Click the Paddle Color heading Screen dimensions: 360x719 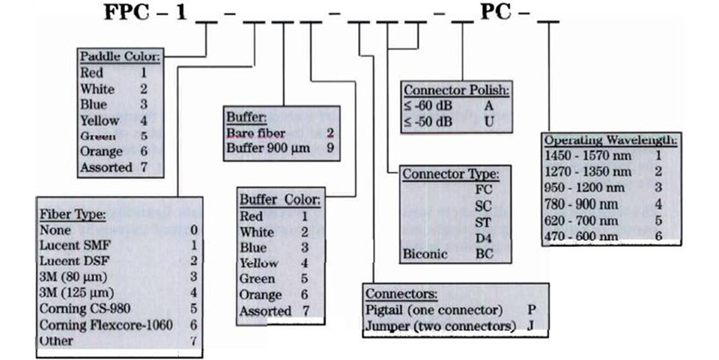120,57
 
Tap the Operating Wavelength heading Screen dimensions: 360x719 611,141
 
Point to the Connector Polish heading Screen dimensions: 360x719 457,91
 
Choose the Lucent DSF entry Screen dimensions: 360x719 68,261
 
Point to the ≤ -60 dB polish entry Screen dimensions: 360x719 429,106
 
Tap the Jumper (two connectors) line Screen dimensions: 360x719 440,326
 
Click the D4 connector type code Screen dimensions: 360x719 485,237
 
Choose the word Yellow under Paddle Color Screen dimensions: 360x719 100,120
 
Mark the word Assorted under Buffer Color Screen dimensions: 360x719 266,311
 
